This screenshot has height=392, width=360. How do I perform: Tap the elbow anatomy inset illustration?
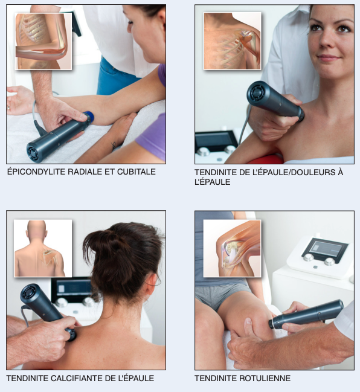43,41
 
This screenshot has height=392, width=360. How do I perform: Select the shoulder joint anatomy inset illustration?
233,40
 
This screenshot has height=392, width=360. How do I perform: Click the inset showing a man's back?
43,248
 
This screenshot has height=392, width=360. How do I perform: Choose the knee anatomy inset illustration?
233,248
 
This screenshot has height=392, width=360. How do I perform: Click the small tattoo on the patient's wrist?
114,145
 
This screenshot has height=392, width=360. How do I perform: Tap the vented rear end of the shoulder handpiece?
256,92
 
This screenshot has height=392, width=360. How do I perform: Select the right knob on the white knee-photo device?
330,261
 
